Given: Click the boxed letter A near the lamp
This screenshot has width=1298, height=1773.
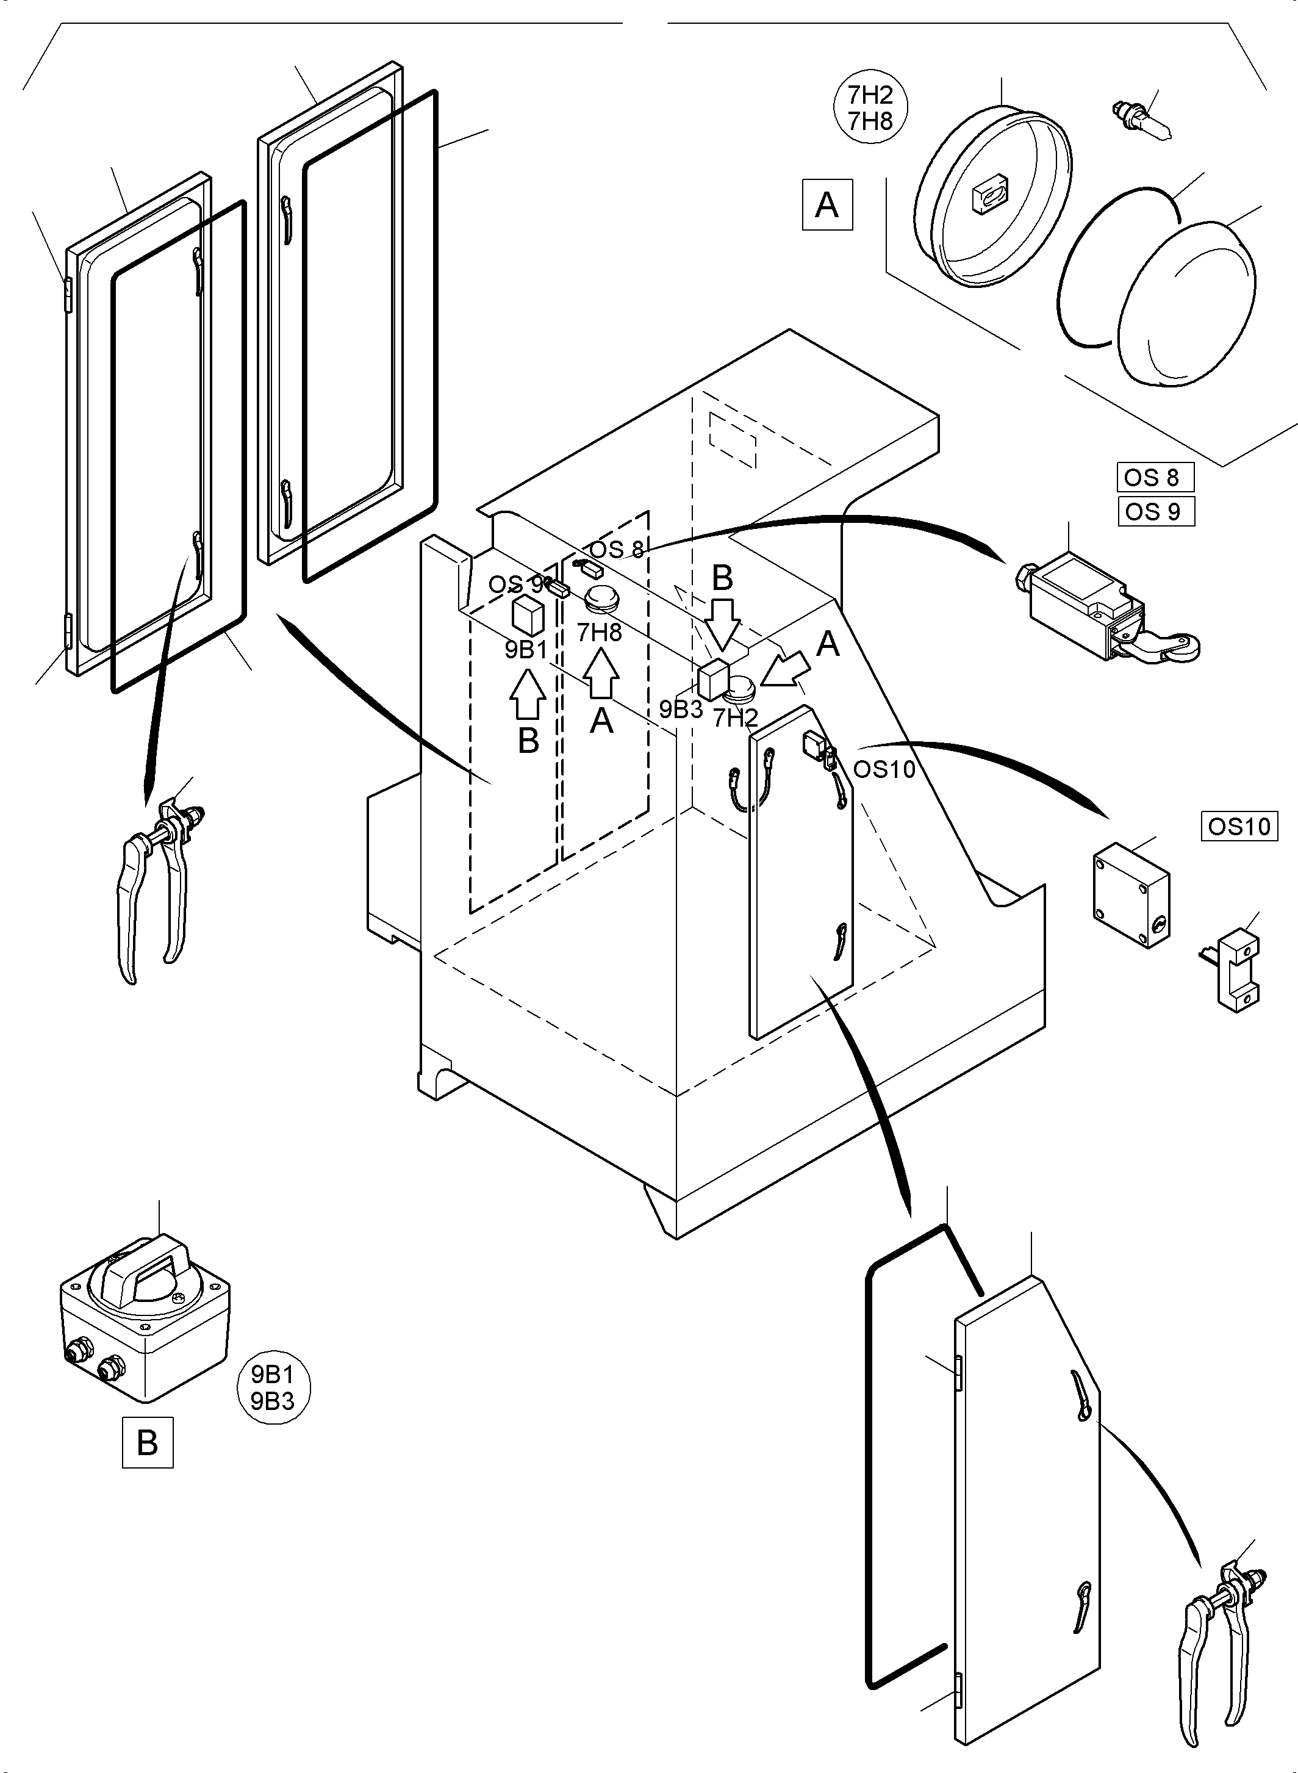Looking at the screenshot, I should [x=826, y=205].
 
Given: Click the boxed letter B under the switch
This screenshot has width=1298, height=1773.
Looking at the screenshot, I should [x=147, y=1442].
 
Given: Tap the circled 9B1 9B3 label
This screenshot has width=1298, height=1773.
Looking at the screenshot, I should [x=273, y=1387].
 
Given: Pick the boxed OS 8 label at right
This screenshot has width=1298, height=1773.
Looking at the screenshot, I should [x=1154, y=477].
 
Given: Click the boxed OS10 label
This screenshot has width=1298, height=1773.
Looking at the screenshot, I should [x=1239, y=826].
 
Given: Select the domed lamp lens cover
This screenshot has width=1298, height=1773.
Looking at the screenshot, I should [x=1186, y=303].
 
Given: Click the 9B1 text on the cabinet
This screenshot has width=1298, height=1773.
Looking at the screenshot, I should [x=526, y=650].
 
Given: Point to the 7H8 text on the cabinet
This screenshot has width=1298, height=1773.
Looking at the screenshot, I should [x=599, y=633].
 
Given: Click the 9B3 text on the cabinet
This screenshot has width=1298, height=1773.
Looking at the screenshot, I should [x=681, y=710].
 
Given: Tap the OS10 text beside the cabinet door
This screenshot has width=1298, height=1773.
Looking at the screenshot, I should [x=884, y=769].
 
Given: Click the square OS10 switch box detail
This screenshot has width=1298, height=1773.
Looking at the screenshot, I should [x=1131, y=894].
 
